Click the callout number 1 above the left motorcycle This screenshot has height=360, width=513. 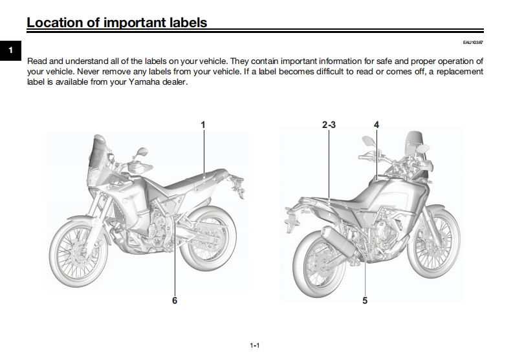[203, 125]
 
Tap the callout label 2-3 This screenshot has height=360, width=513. [329, 125]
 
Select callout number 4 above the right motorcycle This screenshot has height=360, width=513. [377, 125]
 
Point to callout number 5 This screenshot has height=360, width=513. [365, 300]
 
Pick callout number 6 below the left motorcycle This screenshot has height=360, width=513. [175, 300]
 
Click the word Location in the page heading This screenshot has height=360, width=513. [54, 23]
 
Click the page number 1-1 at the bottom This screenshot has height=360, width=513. [255, 346]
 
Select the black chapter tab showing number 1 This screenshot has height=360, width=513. [10, 50]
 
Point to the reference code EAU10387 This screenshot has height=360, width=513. [473, 43]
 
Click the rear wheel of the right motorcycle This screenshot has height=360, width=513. [318, 266]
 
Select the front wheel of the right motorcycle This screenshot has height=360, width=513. [434, 242]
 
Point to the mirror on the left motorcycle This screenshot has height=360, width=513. [142, 153]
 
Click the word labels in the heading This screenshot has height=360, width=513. [188, 23]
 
